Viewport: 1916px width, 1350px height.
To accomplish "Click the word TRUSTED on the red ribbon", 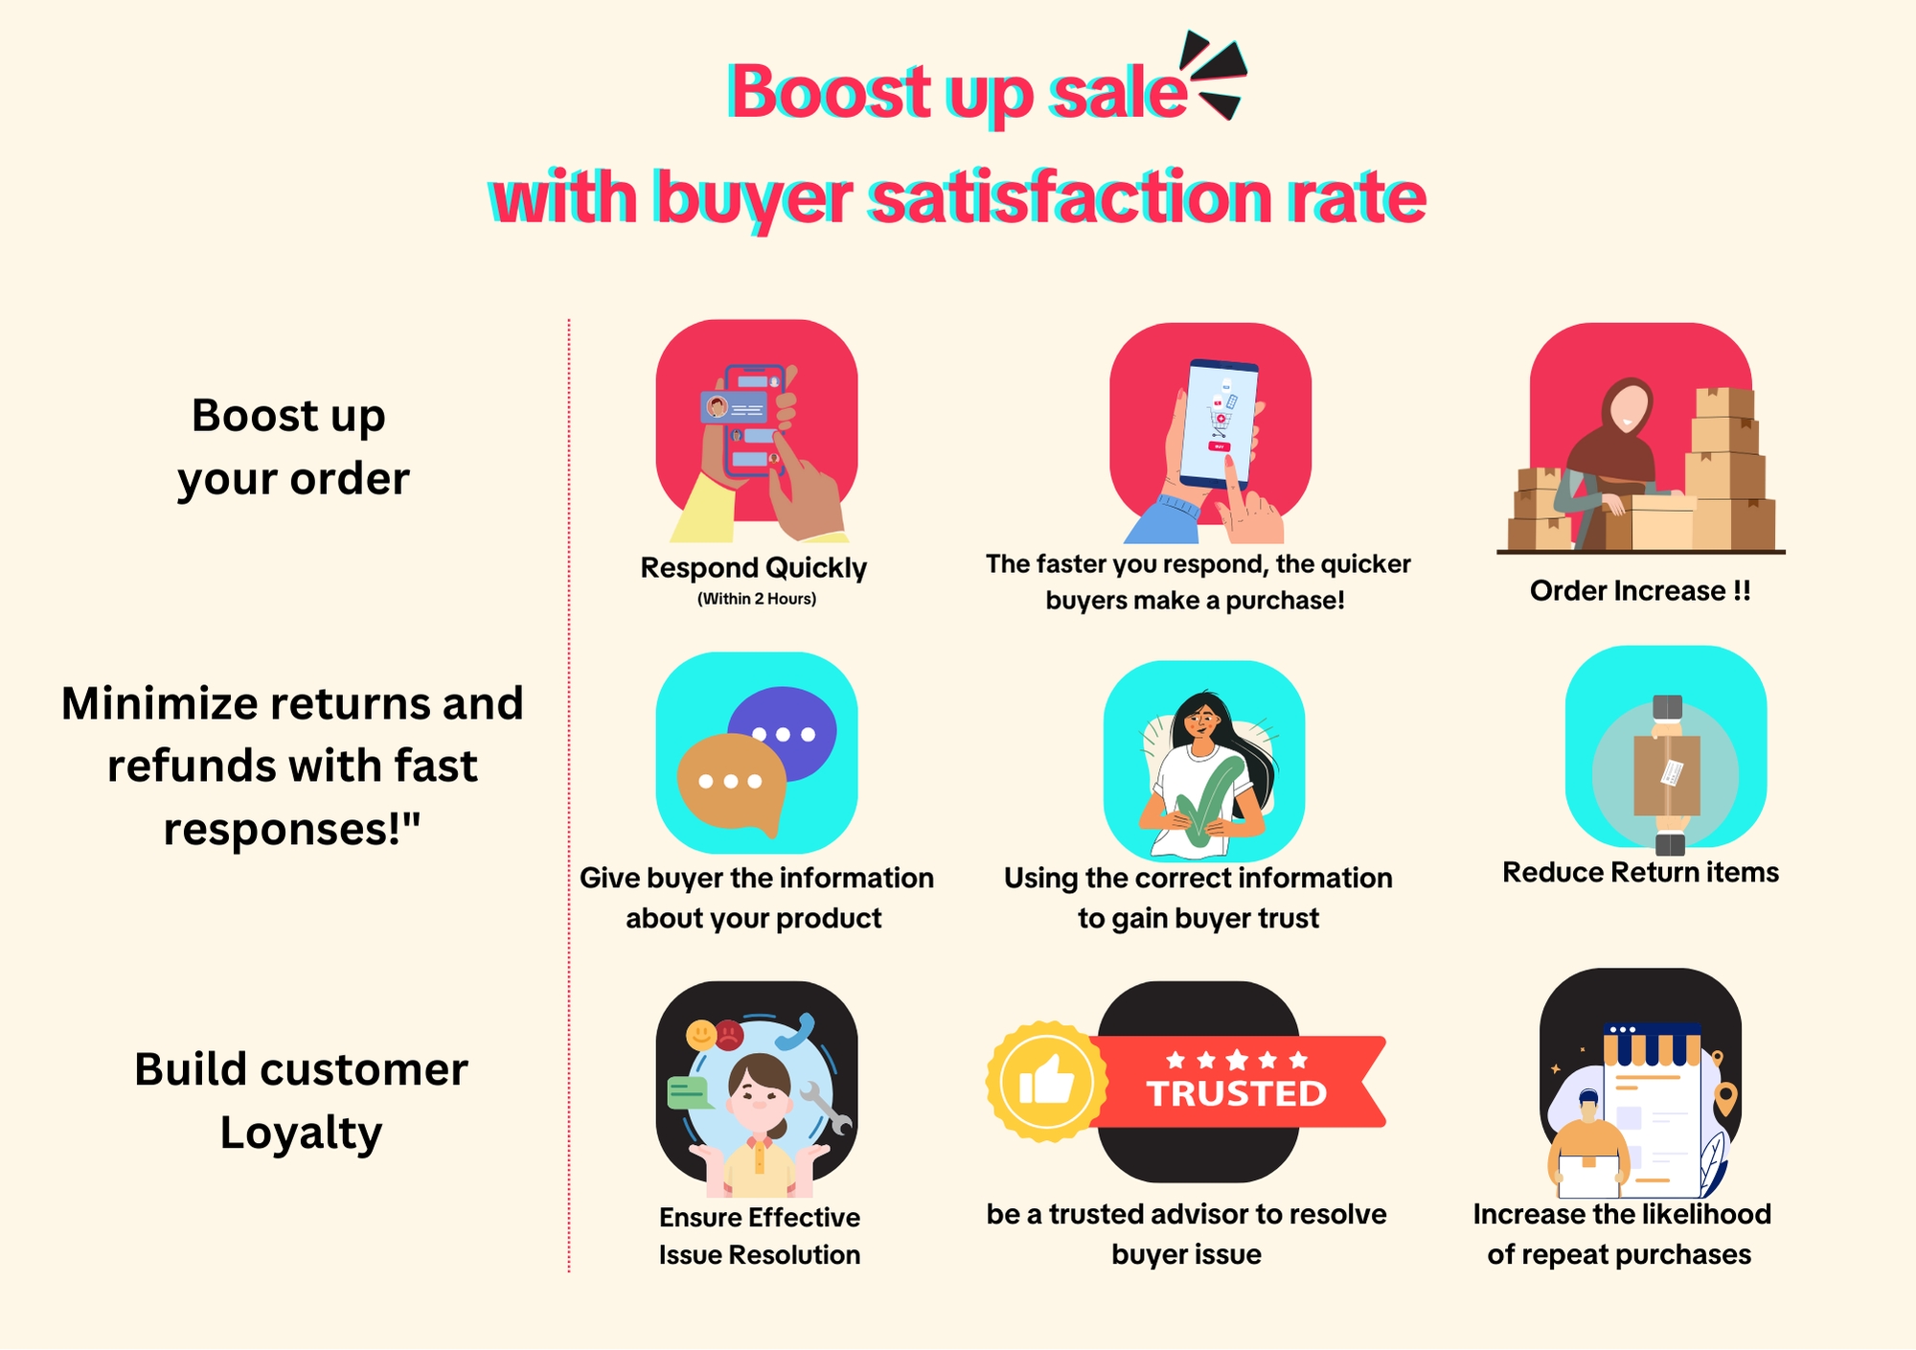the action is (1237, 1093).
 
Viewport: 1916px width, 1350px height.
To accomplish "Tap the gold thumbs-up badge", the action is (1047, 1082).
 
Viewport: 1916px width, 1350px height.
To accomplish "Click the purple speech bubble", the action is (783, 734).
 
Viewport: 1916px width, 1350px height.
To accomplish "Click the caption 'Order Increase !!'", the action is (1640, 591).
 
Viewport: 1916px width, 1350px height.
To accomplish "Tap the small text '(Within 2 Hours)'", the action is (757, 599).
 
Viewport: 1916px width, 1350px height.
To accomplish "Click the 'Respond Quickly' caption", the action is (754, 568).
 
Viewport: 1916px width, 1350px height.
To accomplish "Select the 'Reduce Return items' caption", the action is (1640, 873).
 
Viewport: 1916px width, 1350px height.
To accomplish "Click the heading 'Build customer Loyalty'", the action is (301, 1101).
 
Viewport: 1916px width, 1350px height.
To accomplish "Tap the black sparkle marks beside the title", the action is (1214, 76).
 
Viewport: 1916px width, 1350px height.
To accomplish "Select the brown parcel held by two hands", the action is (1667, 774).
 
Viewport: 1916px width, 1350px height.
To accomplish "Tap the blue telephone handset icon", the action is (794, 1032).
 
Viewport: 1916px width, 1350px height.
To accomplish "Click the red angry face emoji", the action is (730, 1033).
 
